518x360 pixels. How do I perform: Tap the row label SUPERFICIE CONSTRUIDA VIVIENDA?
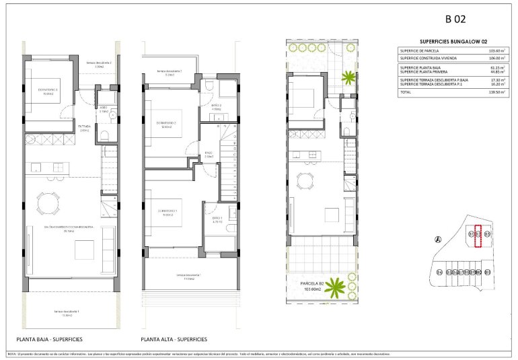coord(431,58)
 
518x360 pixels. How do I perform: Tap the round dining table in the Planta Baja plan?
coord(48,202)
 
